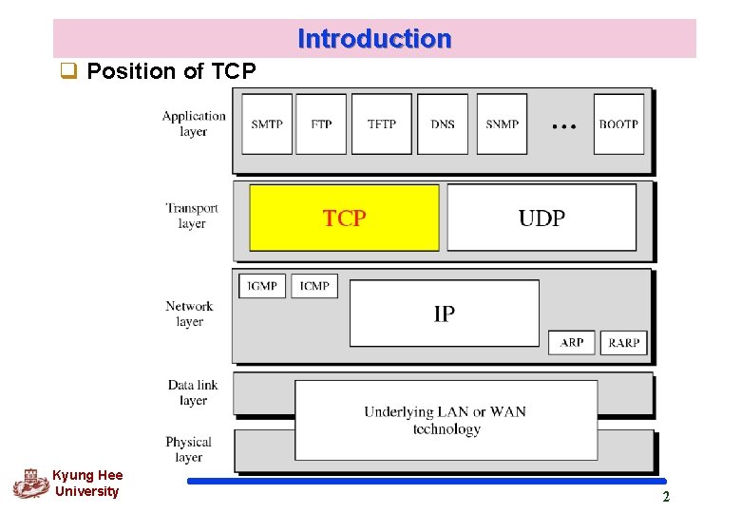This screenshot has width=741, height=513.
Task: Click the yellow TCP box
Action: [344, 218]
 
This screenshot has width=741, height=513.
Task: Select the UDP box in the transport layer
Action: [541, 218]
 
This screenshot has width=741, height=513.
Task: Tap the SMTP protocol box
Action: [267, 123]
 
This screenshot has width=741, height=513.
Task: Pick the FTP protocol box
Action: [321, 123]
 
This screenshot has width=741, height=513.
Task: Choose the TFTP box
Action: [382, 123]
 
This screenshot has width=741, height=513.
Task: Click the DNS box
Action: [443, 123]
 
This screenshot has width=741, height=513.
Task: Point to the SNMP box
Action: [502, 123]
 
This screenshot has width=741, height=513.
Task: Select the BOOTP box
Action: [618, 123]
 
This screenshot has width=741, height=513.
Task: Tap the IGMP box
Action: [262, 285]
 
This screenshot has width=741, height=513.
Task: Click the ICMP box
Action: [314, 285]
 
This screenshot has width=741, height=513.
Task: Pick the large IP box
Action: [444, 313]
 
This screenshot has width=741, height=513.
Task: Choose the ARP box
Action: [572, 342]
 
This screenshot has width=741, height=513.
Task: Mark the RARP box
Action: [623, 342]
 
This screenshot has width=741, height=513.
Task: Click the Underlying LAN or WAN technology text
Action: [446, 420]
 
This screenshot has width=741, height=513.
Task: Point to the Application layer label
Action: [194, 123]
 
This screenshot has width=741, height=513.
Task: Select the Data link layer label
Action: [193, 392]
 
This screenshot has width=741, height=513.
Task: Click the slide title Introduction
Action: [374, 39]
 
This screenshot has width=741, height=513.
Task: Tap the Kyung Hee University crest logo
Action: [30, 484]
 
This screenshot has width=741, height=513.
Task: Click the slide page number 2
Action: [665, 497]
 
